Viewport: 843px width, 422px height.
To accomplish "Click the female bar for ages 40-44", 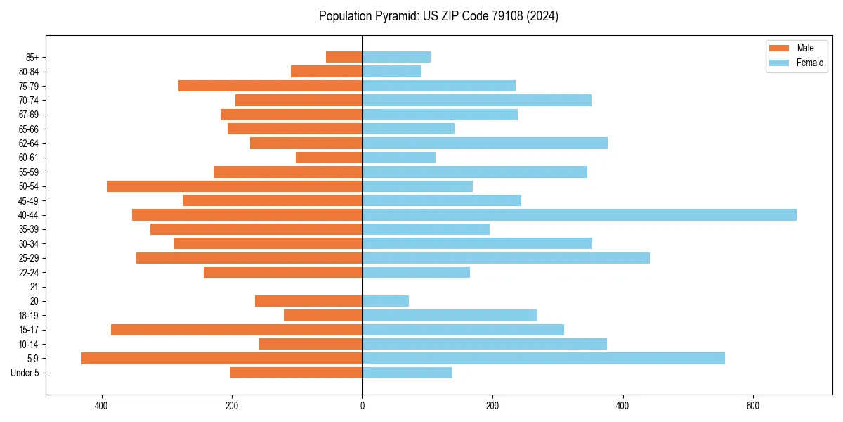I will [x=580, y=215].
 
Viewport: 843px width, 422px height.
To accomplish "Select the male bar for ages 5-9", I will [x=222, y=358].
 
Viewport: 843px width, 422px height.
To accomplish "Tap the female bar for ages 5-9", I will [x=544, y=358].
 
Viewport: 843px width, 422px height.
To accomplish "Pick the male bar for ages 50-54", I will [x=235, y=186].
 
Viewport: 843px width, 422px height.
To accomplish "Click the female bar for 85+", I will [x=396, y=57].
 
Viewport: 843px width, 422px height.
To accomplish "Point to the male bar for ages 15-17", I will [x=237, y=330].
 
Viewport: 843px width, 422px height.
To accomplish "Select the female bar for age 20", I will [x=386, y=301].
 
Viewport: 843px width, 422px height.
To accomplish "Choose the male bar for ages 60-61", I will [x=329, y=158].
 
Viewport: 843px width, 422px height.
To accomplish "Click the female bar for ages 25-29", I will [x=506, y=258].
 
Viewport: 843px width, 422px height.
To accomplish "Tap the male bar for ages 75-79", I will [x=270, y=86].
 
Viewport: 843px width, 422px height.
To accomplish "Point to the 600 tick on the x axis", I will [x=752, y=406].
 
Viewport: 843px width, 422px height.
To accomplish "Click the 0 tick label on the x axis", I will [x=362, y=406].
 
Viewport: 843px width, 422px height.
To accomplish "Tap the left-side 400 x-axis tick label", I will [x=102, y=406].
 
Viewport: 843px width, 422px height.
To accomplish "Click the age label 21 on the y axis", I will [x=34, y=287].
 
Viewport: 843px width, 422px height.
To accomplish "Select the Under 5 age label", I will [x=25, y=373].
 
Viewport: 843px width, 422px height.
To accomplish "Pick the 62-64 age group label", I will [x=29, y=143].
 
